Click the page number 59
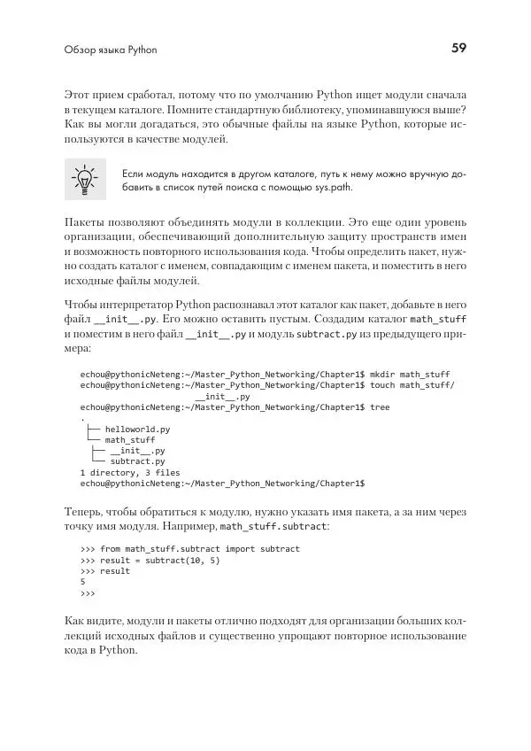(458, 49)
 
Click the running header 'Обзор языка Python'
(111, 50)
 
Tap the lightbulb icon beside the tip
(85, 180)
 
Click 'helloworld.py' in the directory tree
(137, 429)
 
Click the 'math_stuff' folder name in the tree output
(130, 439)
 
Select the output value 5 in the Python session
(82, 582)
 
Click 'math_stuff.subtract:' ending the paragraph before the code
(274, 527)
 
